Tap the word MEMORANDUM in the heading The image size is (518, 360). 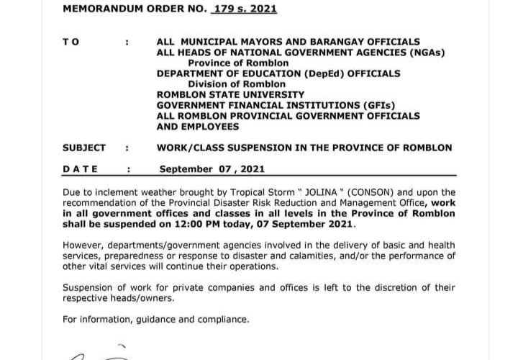pos(98,10)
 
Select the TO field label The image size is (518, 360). pos(71,42)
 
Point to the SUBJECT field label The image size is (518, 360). pos(84,148)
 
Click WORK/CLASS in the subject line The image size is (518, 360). pos(188,148)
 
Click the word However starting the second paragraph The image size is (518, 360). pos(83,246)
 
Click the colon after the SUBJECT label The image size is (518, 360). pos(127,148)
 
